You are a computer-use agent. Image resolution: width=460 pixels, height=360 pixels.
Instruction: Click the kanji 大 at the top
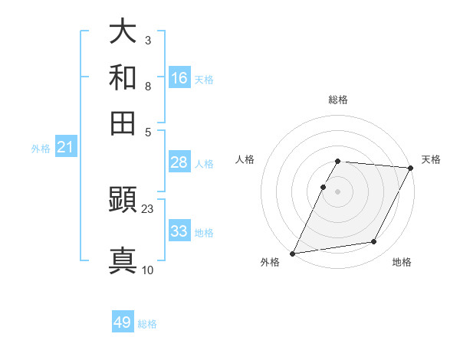pyautogui.click(x=123, y=32)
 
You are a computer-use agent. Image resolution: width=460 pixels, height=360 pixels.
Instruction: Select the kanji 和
pyautogui.click(x=123, y=77)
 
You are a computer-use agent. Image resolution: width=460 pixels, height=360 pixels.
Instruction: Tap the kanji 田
pyautogui.click(x=123, y=123)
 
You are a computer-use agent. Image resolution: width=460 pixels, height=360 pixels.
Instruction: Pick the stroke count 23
pyautogui.click(x=148, y=208)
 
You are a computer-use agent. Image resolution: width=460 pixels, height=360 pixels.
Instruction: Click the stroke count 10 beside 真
pyautogui.click(x=148, y=270)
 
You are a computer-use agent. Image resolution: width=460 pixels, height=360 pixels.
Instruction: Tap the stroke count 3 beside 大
pyautogui.click(x=147, y=39)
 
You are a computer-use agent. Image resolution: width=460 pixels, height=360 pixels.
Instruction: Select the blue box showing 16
pyautogui.click(x=179, y=78)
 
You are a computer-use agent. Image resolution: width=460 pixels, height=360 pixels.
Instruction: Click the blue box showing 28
pyautogui.click(x=179, y=162)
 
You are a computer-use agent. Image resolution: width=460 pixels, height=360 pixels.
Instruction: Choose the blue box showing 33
pyautogui.click(x=179, y=231)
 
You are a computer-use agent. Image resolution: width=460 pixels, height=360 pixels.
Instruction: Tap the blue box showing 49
pyautogui.click(x=123, y=322)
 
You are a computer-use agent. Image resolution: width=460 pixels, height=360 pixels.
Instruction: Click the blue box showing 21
pyautogui.click(x=65, y=148)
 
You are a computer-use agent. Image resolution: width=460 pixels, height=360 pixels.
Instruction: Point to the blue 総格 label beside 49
pyautogui.click(x=147, y=324)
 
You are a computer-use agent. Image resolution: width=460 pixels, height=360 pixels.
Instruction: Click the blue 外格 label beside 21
pyautogui.click(x=41, y=149)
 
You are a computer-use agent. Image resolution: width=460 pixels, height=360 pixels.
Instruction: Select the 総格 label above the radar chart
pyautogui.click(x=338, y=100)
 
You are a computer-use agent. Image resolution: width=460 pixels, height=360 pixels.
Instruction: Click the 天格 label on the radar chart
pyautogui.click(x=431, y=159)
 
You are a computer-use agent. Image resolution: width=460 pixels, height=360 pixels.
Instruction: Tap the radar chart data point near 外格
pyautogui.click(x=292, y=254)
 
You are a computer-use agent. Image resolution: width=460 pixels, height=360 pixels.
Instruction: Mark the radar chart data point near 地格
pyautogui.click(x=374, y=242)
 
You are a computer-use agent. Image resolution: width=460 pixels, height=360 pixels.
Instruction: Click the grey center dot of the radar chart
pyautogui.click(x=338, y=191)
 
